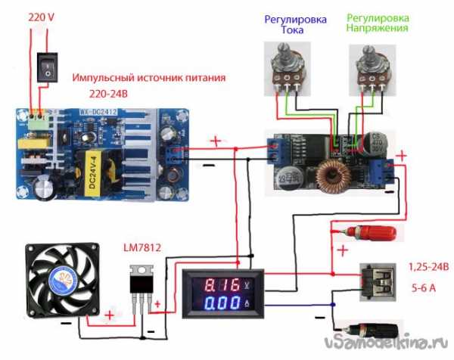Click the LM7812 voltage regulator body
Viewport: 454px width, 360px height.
tap(142, 284)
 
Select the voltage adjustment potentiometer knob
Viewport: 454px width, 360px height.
tap(370, 57)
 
